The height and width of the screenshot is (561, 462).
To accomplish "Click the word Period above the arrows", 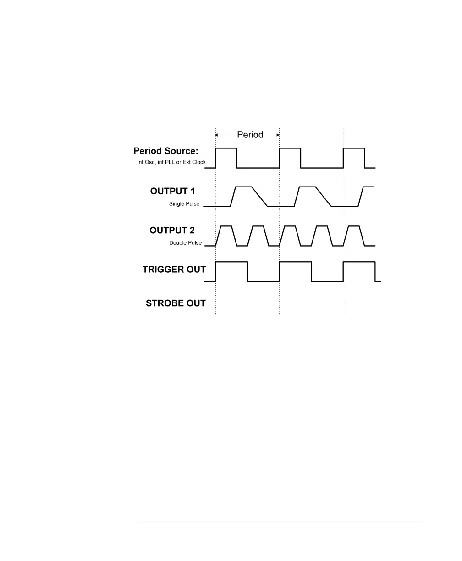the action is pyautogui.click(x=250, y=135).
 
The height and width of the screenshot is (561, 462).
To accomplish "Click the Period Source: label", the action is pyautogui.click(x=170, y=151).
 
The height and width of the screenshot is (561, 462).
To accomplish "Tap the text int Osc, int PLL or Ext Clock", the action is pyautogui.click(x=171, y=162).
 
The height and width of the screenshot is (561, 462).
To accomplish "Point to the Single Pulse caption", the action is pyautogui.click(x=184, y=204).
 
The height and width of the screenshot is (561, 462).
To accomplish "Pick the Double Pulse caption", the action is pyautogui.click(x=185, y=243).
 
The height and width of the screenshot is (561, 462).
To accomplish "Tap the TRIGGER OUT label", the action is pyautogui.click(x=174, y=269).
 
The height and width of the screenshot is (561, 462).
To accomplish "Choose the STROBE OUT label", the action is pyautogui.click(x=176, y=303).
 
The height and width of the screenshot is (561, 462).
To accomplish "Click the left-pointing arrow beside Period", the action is pyautogui.click(x=223, y=135).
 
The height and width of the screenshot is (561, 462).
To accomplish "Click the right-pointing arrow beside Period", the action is pyautogui.click(x=273, y=135).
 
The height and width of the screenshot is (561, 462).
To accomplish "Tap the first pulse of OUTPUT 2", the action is pyautogui.click(x=226, y=236).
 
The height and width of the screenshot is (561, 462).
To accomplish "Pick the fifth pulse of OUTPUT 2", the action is pyautogui.click(x=353, y=236).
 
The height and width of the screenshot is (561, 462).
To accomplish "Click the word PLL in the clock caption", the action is pyautogui.click(x=169, y=162).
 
